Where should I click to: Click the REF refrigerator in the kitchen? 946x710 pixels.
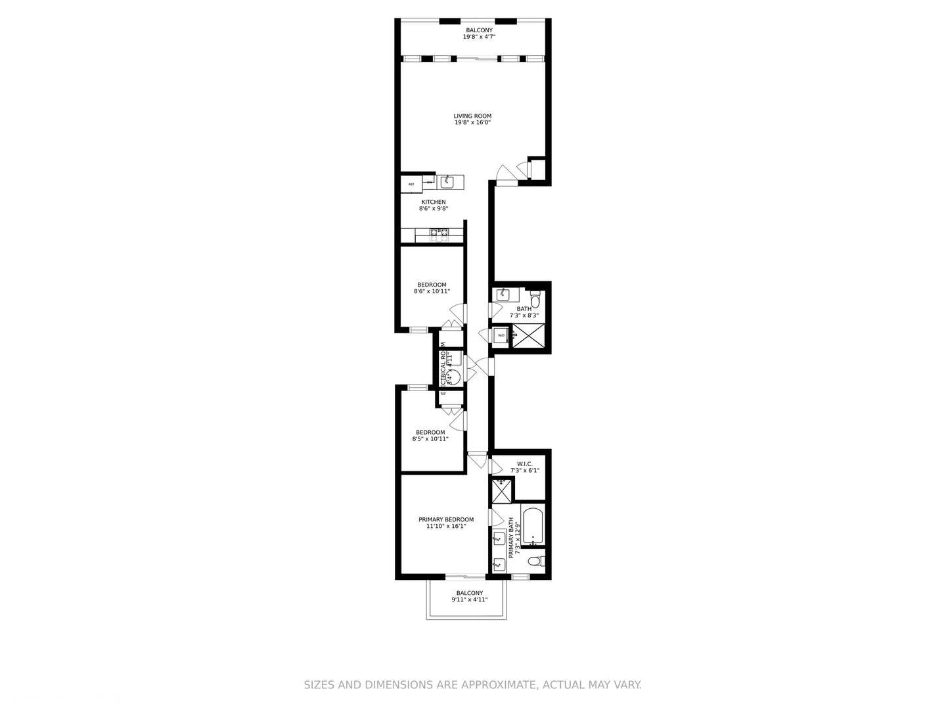point(411,184)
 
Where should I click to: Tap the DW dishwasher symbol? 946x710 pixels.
point(430,182)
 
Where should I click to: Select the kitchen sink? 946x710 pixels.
point(447,181)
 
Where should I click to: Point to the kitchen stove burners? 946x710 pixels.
point(439,232)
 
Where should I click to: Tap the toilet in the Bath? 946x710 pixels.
point(535,300)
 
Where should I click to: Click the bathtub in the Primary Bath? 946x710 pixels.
point(533,526)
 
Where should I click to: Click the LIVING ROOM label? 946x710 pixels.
point(472,116)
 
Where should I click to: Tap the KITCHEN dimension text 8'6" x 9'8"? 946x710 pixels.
point(434,209)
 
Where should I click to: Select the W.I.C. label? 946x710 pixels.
point(525,463)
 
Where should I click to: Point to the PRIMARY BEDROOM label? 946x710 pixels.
point(446,519)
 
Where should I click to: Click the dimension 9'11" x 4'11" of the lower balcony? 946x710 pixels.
point(469,600)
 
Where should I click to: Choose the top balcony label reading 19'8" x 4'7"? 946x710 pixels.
point(479,37)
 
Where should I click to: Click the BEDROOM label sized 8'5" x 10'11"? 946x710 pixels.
point(430,433)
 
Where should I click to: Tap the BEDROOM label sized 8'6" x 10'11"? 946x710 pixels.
point(432,285)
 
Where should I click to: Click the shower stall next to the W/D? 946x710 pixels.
point(528,335)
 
